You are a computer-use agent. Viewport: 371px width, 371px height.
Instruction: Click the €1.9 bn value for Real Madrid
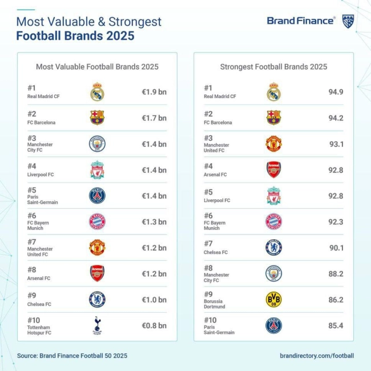pos(154,92)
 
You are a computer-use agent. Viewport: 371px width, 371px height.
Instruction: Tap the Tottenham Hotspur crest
pos(97,325)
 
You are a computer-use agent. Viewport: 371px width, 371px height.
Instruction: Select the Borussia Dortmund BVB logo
pos(273,300)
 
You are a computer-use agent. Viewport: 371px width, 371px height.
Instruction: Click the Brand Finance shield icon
pos(348,21)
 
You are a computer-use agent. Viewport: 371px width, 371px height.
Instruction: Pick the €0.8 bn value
pos(154,325)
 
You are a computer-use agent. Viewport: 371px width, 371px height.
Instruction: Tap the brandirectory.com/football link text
pos(317,356)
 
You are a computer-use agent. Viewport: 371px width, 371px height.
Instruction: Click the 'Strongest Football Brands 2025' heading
pos(273,67)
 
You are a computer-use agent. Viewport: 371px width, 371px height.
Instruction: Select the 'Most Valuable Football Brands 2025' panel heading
pos(97,67)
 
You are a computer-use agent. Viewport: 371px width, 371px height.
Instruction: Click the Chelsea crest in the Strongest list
pos(273,248)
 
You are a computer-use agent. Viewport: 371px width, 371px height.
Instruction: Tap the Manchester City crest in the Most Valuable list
pos(97,144)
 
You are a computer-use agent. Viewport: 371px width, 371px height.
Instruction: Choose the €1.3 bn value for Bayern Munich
pos(154,221)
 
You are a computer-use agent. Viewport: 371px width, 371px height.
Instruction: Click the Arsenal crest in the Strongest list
pos(273,170)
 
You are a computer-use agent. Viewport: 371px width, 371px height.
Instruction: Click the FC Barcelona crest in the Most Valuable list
pos(97,118)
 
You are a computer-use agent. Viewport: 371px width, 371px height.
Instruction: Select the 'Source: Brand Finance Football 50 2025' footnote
pos(72,356)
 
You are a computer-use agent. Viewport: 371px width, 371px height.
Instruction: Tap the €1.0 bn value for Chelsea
pos(154,300)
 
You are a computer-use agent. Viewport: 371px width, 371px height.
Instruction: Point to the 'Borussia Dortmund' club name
pos(215,303)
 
